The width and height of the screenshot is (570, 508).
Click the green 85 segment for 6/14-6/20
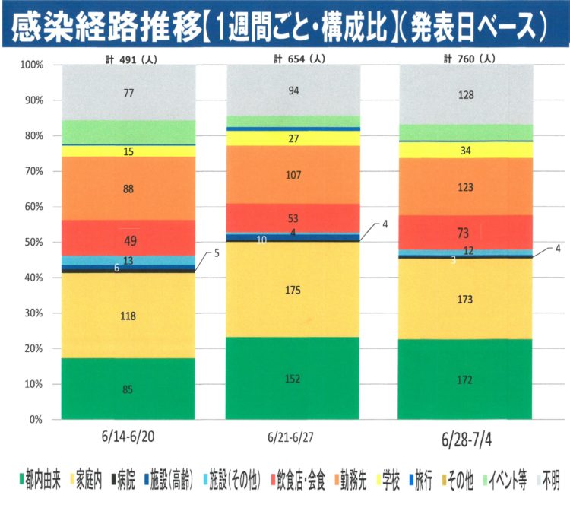[128, 389]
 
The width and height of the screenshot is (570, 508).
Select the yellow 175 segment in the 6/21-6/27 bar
[293, 289]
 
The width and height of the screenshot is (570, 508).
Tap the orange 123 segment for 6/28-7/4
[466, 186]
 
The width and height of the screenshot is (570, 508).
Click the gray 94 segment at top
[293, 91]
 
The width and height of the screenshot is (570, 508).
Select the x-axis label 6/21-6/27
[293, 439]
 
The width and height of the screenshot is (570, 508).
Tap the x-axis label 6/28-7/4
[466, 440]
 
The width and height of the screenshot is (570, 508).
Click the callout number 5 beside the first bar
[216, 253]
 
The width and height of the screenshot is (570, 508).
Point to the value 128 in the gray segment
[466, 94]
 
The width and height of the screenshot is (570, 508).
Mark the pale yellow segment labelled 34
[466, 150]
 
